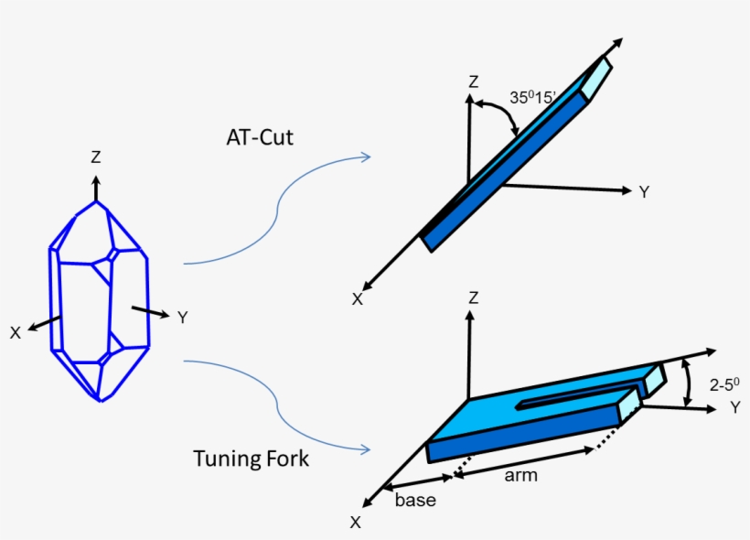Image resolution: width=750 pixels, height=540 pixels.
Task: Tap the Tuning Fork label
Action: [251, 458]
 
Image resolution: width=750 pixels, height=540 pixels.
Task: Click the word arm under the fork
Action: [521, 475]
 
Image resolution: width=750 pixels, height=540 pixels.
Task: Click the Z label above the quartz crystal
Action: [96, 157]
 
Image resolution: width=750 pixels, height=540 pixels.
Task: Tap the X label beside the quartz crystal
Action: [16, 333]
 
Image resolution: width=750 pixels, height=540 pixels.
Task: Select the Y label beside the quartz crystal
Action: [182, 318]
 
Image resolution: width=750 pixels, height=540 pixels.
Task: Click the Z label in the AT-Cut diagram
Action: [473, 82]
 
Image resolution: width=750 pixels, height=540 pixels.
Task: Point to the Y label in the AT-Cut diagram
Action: [644, 192]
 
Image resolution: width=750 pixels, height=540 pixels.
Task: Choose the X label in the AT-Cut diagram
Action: [357, 298]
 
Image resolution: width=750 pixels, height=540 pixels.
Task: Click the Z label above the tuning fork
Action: [473, 298]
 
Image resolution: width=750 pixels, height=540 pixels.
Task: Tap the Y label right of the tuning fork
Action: [734, 408]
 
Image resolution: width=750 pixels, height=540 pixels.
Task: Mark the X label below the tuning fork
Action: [355, 522]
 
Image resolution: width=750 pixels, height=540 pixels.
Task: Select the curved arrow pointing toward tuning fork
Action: [274, 403]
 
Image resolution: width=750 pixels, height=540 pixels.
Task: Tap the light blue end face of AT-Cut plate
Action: [596, 79]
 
